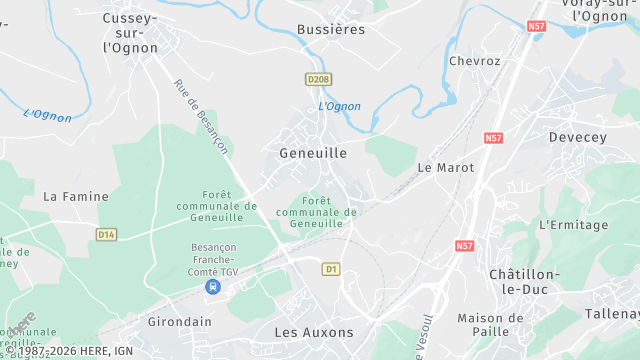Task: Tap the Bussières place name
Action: (x=331, y=30)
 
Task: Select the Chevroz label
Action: (x=474, y=61)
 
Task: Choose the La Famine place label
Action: (x=75, y=197)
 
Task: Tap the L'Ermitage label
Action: (x=573, y=225)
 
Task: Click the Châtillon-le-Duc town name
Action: (x=524, y=281)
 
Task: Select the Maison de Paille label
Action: (x=490, y=325)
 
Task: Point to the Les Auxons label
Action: (x=314, y=331)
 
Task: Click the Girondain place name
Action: (x=179, y=322)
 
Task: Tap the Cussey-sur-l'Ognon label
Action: (x=130, y=32)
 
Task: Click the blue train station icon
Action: (x=212, y=286)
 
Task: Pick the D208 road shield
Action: (x=318, y=78)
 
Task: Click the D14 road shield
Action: (x=106, y=234)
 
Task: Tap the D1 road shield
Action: (x=331, y=269)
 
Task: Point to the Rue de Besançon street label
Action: (x=201, y=117)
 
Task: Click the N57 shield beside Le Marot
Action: (x=492, y=138)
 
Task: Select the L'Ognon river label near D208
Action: (x=339, y=106)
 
